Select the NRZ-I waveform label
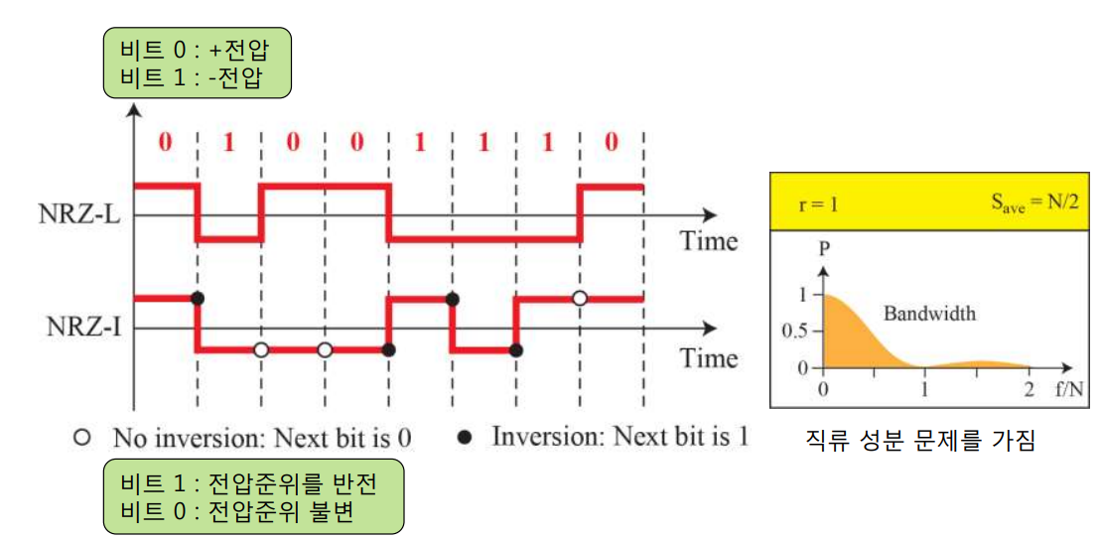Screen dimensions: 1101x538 tap(75, 327)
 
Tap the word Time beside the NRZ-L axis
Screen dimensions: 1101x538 tap(709, 241)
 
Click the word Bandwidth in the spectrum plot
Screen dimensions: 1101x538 tap(929, 314)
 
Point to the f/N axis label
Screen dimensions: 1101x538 tap(1068, 387)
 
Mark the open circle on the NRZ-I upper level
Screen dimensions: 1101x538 tap(580, 298)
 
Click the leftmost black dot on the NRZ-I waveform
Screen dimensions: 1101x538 tap(197, 298)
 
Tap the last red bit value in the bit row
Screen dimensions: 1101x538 tap(611, 142)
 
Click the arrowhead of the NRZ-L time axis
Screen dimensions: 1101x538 tap(707, 214)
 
